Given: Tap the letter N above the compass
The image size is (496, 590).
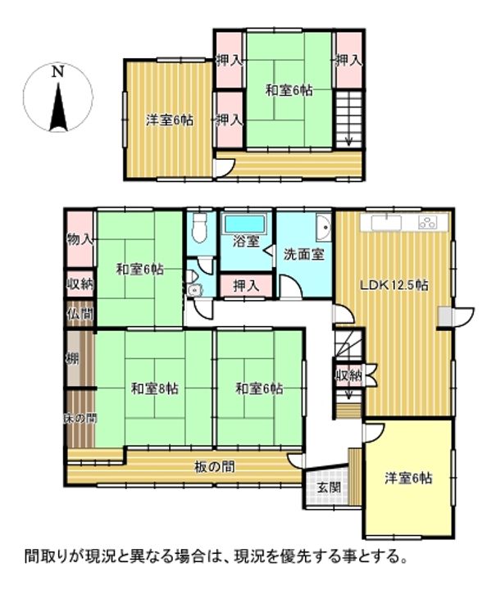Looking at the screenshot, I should tap(57, 71).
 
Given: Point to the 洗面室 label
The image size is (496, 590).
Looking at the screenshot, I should tap(303, 253).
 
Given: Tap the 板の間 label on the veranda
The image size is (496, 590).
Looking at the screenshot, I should tap(215, 467).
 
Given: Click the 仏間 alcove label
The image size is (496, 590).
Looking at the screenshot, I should tap(80, 312).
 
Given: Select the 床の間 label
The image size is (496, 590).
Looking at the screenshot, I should tap(80, 418).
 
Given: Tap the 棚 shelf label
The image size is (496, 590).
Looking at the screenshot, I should tap(72, 357).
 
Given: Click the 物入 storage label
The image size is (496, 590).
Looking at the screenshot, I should tap(80, 238).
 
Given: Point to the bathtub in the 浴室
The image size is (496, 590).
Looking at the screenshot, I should tap(245, 223).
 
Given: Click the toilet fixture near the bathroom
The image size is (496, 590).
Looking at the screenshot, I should tap(198, 229).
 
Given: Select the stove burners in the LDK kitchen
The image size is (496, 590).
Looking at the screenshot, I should tap(428, 221).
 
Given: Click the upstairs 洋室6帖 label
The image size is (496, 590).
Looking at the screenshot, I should tap(170, 120).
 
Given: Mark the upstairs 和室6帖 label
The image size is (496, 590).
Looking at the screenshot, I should tap(289, 90).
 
